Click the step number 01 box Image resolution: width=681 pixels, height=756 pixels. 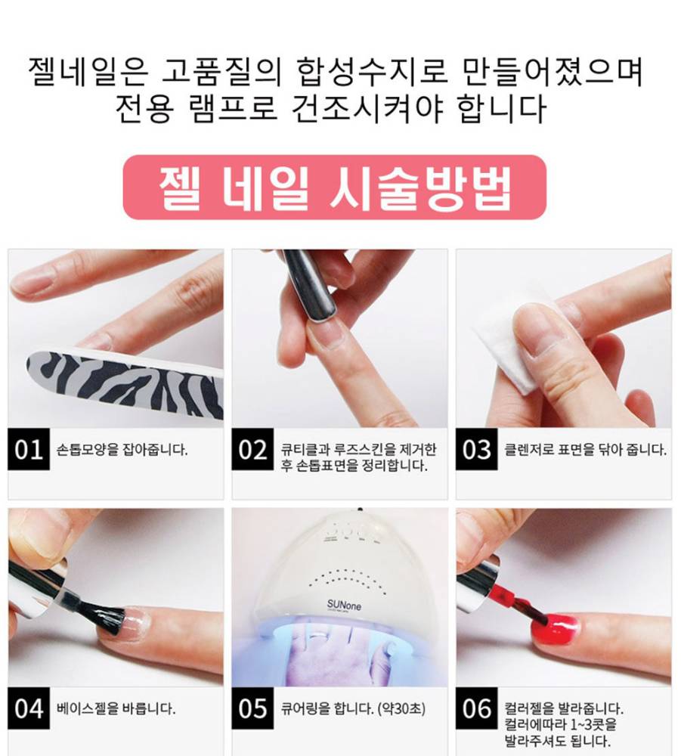(29, 449)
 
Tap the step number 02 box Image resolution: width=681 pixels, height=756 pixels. (252, 449)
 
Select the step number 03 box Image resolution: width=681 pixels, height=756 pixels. (477, 449)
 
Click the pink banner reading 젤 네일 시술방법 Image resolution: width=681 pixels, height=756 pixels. (335, 187)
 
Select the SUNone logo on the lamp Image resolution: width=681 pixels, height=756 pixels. (344, 605)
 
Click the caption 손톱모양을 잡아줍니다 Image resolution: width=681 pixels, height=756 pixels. (122, 450)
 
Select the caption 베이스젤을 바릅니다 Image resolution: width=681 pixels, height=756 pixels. (116, 709)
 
